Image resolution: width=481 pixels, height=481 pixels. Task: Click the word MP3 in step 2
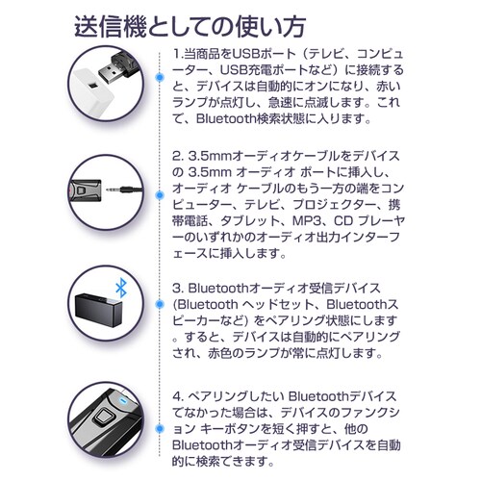[x=304, y=235]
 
